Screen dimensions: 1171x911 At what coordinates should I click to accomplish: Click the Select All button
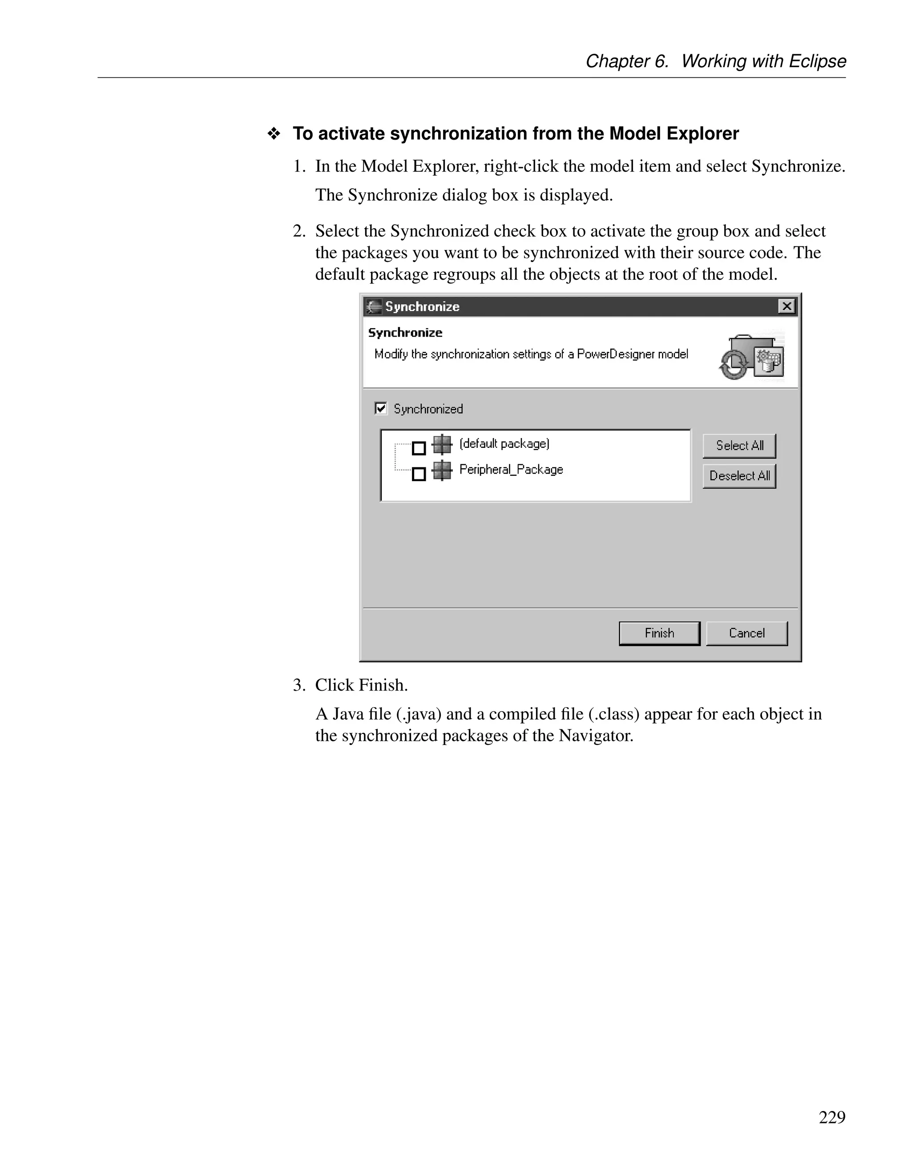pos(739,446)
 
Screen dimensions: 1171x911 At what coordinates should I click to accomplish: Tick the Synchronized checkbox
pos(381,409)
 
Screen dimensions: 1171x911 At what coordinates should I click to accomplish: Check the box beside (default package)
pos(419,448)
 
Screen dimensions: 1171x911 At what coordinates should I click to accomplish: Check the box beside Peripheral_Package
pos(419,474)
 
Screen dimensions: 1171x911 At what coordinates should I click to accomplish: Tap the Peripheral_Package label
pos(511,470)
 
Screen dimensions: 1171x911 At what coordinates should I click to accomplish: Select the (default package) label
pos(504,443)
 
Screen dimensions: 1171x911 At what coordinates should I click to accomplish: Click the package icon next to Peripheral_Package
pos(442,471)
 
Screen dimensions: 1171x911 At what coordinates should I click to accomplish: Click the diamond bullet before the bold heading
pos(274,134)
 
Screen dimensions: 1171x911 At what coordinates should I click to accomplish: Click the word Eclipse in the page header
pos(817,61)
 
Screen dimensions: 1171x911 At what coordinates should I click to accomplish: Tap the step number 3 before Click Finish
pos(298,685)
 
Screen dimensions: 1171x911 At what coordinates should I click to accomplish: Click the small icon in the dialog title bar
pos(374,307)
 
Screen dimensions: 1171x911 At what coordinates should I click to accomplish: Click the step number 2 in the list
pos(298,231)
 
